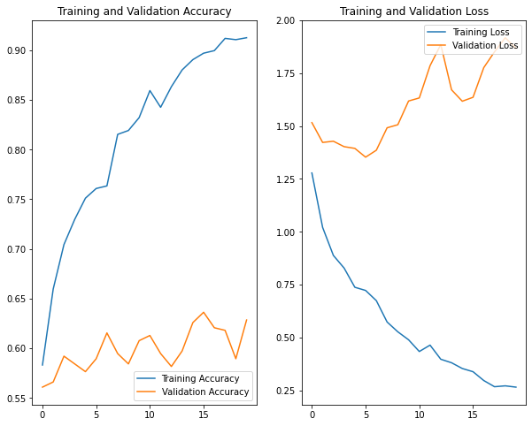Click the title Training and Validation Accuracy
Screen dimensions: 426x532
(144, 11)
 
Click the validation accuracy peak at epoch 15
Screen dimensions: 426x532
(204, 312)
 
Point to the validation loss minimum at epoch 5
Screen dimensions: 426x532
(366, 157)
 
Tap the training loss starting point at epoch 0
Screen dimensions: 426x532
(312, 173)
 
